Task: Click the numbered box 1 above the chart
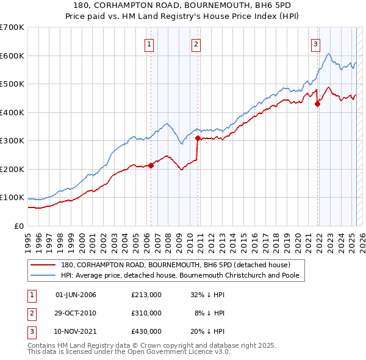[x=149, y=43]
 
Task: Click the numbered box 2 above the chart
[x=196, y=43]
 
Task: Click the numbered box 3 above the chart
[x=315, y=43]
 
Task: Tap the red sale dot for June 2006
[x=151, y=165]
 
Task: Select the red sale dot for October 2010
[x=198, y=138]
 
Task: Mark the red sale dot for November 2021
[x=317, y=104]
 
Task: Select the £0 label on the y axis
[x=19, y=226]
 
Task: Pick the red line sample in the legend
[x=43, y=265]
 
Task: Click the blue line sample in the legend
[x=43, y=275]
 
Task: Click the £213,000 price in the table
[x=146, y=295]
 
